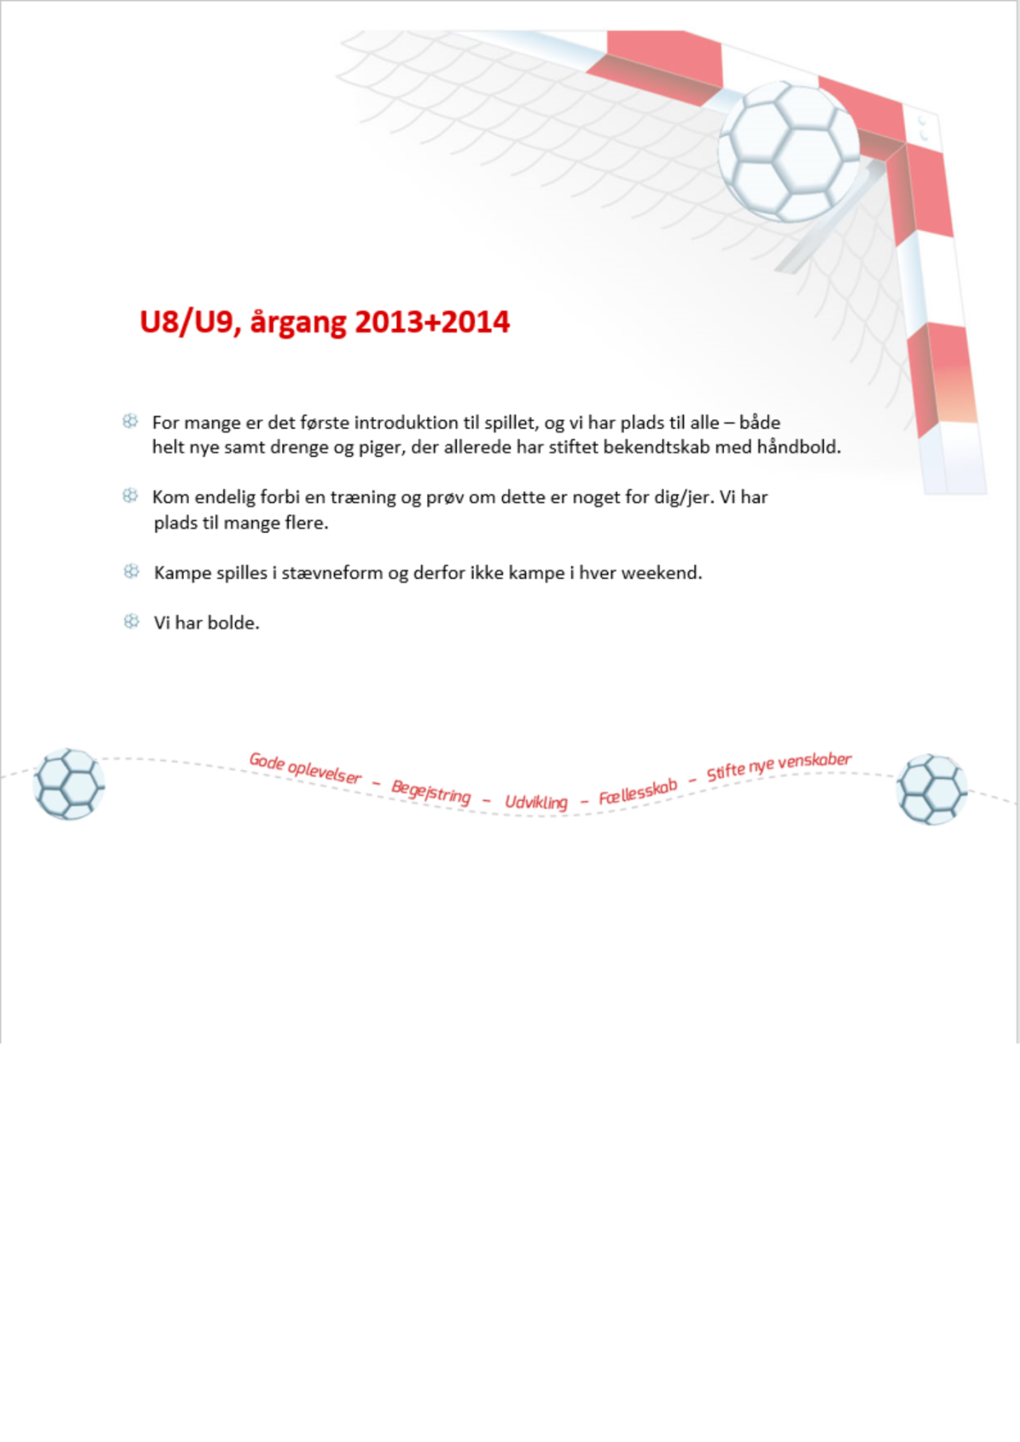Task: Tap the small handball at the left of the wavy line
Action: (x=69, y=784)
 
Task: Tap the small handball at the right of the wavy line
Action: (x=932, y=789)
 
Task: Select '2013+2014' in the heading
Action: (x=432, y=322)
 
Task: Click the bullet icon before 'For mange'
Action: (x=131, y=421)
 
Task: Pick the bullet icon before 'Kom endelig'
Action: (x=131, y=496)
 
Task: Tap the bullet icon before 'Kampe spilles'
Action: (x=131, y=571)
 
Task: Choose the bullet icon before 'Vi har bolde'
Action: (x=131, y=621)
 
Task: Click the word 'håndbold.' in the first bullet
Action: (x=798, y=447)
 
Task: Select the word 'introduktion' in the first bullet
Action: (x=406, y=422)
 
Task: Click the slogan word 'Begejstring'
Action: (x=430, y=792)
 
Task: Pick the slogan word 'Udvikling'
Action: (x=535, y=801)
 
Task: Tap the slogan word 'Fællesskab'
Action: (x=637, y=792)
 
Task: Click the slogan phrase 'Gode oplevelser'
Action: (x=305, y=768)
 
